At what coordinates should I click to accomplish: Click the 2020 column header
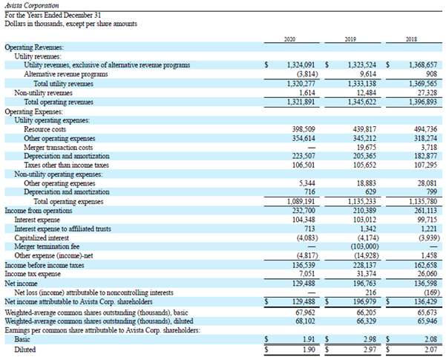coord(289,39)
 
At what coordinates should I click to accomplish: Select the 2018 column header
coord(411,39)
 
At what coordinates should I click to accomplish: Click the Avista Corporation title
coord(32,6)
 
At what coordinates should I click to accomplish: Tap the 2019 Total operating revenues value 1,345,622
coord(362,102)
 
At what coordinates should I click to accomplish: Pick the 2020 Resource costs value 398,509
coord(304,129)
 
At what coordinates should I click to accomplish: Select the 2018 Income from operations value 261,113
coord(425,211)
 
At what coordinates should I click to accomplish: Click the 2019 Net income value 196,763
coord(364,284)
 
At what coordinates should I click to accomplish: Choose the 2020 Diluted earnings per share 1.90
coord(309,350)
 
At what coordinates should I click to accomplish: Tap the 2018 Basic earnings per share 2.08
coord(430,339)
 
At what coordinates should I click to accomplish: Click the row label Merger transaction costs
coord(59,148)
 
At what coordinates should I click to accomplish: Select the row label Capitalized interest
coord(42,238)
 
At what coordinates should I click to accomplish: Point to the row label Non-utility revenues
coord(44,93)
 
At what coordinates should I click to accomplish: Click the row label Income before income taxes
coord(45,265)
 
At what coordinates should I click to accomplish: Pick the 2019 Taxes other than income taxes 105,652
coord(364,165)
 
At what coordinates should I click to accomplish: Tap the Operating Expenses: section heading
coord(34,111)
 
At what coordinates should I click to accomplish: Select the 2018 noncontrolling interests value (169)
coord(432,292)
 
